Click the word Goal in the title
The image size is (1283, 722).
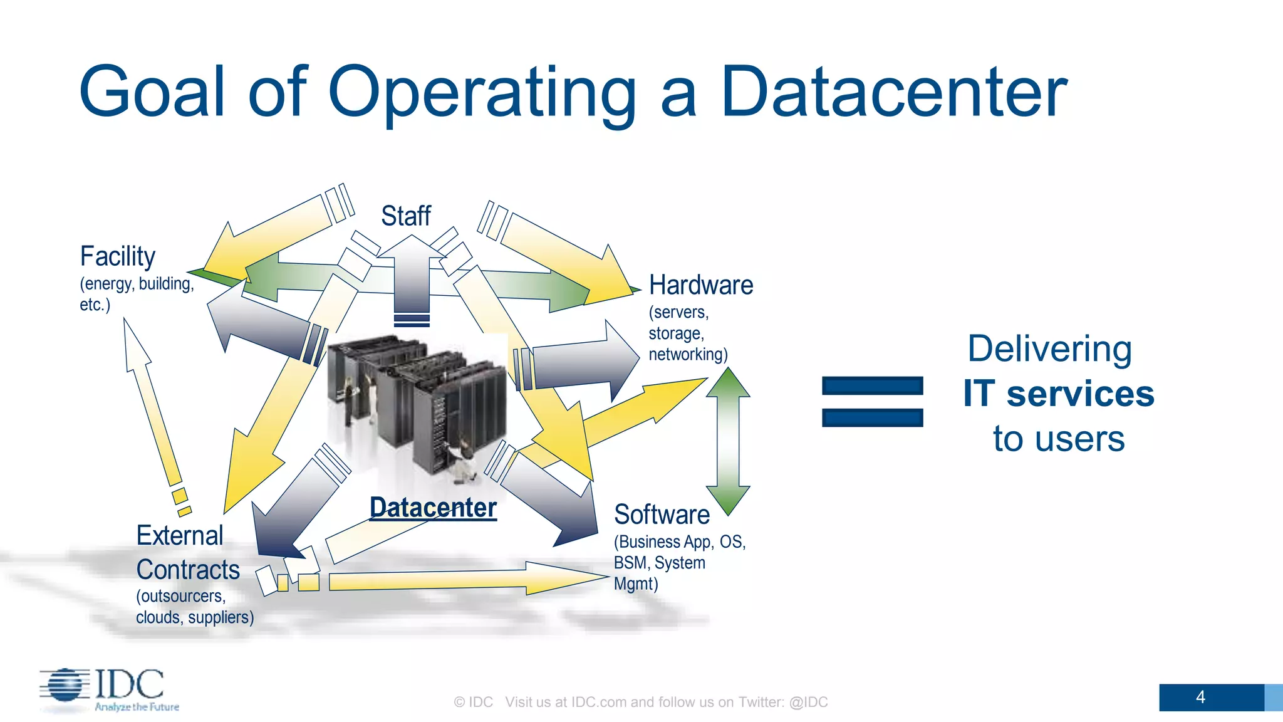pos(152,93)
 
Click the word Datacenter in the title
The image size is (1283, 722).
pos(894,93)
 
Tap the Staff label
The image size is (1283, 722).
pos(406,216)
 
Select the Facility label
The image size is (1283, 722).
pos(118,256)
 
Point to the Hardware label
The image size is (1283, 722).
pos(700,285)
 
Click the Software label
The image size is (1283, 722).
pos(662,515)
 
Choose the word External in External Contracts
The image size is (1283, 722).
pos(180,536)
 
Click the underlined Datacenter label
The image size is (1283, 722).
pos(433,508)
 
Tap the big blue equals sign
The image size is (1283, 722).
pos(872,402)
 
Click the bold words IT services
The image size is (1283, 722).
pos(1059,394)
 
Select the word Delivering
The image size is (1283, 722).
pos(1049,349)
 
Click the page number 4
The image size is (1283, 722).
pos(1200,697)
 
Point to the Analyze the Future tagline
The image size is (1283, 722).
pos(137,707)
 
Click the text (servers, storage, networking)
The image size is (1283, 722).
pos(687,333)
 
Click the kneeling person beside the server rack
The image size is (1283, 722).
pos(464,461)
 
